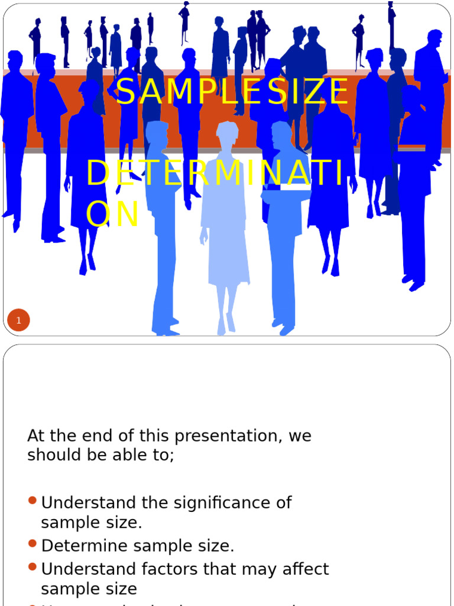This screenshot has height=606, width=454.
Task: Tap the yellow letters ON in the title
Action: (112, 214)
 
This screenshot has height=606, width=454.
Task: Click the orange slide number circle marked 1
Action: (19, 321)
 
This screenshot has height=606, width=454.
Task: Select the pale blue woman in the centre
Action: (224, 225)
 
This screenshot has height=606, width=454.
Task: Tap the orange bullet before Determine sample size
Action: (33, 543)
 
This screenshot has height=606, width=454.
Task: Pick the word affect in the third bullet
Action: (301, 569)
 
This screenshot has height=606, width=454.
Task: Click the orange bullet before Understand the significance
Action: (33, 501)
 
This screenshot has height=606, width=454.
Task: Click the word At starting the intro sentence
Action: (35, 436)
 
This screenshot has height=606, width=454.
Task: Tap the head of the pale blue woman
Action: (227, 133)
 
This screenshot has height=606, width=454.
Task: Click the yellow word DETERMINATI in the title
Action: (215, 173)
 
